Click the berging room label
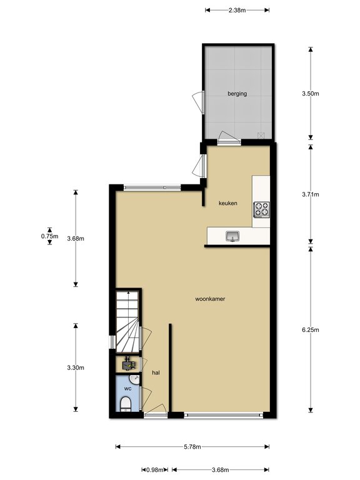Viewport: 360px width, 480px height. click(x=237, y=94)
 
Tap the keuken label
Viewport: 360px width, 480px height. click(x=227, y=203)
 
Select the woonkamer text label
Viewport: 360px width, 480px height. click(x=210, y=299)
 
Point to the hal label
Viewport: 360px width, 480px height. click(x=156, y=372)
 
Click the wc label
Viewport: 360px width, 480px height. click(x=127, y=389)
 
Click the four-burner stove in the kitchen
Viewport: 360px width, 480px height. click(x=261, y=209)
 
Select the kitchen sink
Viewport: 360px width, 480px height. click(x=232, y=236)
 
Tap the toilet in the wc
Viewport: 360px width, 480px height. click(x=126, y=404)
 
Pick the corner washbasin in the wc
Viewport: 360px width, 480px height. click(x=134, y=380)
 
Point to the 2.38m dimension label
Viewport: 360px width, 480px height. click(x=237, y=10)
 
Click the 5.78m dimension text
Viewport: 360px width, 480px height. click(x=192, y=447)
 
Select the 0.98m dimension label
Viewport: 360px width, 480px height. click(x=155, y=469)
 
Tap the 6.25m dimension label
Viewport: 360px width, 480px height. click(x=311, y=330)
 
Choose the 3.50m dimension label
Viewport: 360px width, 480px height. click(x=311, y=94)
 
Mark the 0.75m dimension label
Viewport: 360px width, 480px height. click(x=49, y=236)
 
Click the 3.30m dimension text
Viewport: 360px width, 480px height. click(x=76, y=367)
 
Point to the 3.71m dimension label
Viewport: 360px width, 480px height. click(x=311, y=194)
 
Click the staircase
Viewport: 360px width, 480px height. click(x=127, y=321)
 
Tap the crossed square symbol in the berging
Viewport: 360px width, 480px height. click(x=261, y=135)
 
